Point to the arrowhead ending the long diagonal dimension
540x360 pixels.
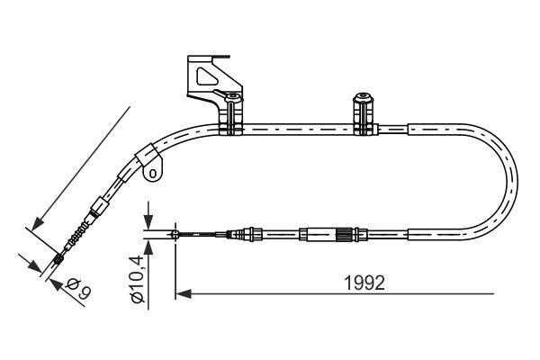[x=36, y=223]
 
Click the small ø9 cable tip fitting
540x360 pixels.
[x=58, y=260]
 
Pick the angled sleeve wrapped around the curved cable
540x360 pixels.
[x=144, y=160]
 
